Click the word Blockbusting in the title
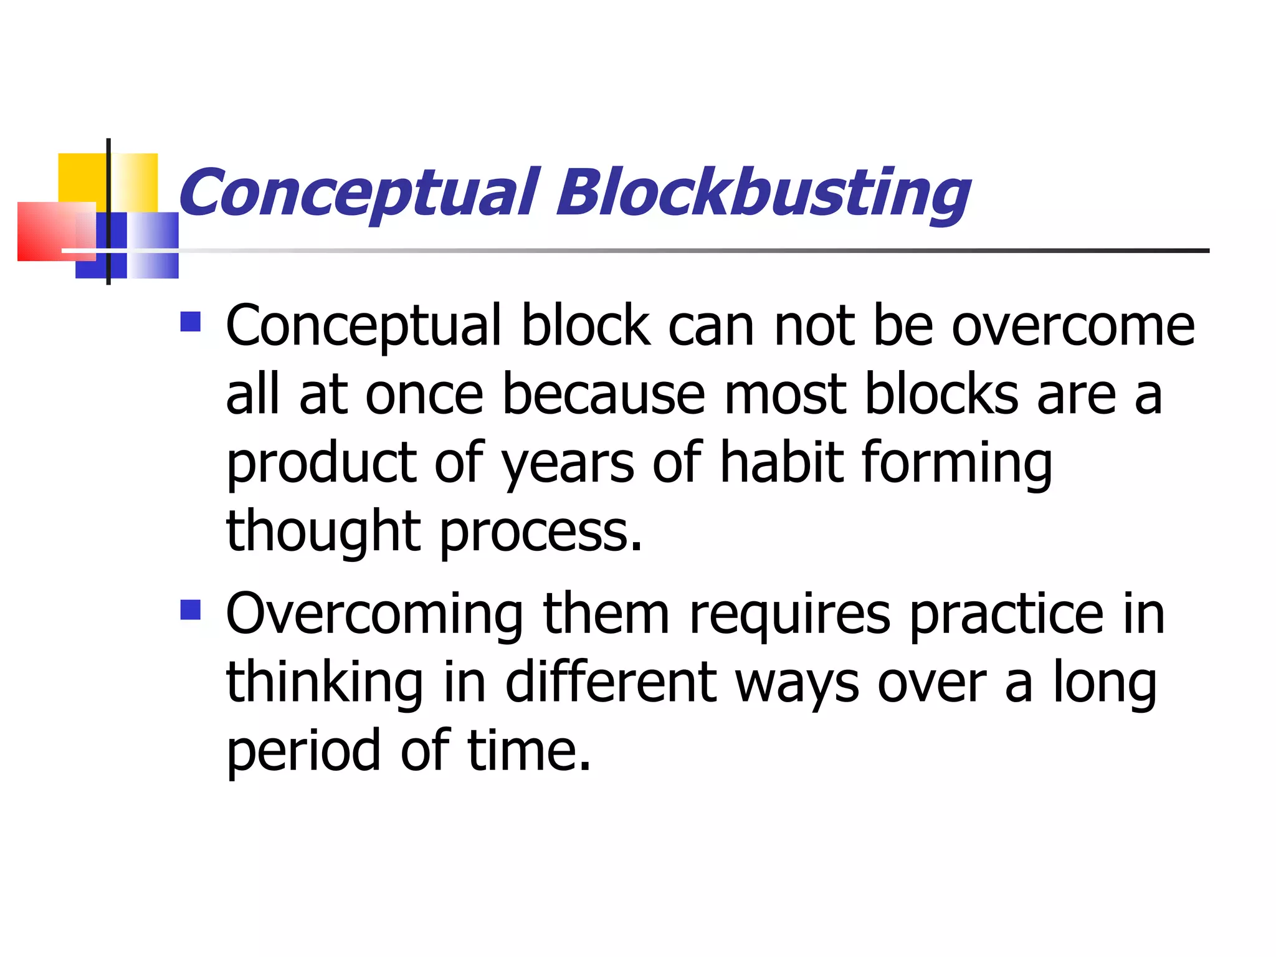763,193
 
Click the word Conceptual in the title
359,193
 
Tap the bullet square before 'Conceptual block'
191,321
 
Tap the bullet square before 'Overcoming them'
191,610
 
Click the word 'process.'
541,533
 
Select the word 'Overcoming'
374,616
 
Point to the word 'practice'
1007,616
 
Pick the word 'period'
303,751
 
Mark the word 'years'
568,464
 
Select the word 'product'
321,464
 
